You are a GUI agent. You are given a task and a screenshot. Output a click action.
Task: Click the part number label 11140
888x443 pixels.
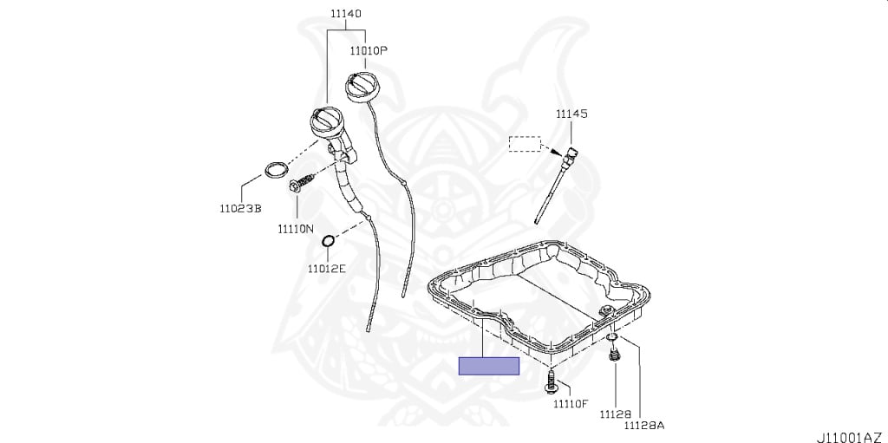345,14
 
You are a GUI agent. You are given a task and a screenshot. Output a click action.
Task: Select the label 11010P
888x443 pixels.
369,51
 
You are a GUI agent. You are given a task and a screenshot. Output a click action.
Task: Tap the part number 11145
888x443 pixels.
571,114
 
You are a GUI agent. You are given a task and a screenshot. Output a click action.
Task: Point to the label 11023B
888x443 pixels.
239,208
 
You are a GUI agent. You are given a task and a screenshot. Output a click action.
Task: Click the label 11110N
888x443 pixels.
297,229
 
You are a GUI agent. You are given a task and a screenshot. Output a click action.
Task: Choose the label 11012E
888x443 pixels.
326,269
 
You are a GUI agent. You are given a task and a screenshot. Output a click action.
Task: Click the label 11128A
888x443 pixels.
644,425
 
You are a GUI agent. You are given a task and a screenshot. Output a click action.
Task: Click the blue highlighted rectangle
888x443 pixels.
488,366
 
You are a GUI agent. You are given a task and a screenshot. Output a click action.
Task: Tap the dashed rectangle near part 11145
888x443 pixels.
524,144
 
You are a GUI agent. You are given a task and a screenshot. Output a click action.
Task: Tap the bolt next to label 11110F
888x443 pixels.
552,382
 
